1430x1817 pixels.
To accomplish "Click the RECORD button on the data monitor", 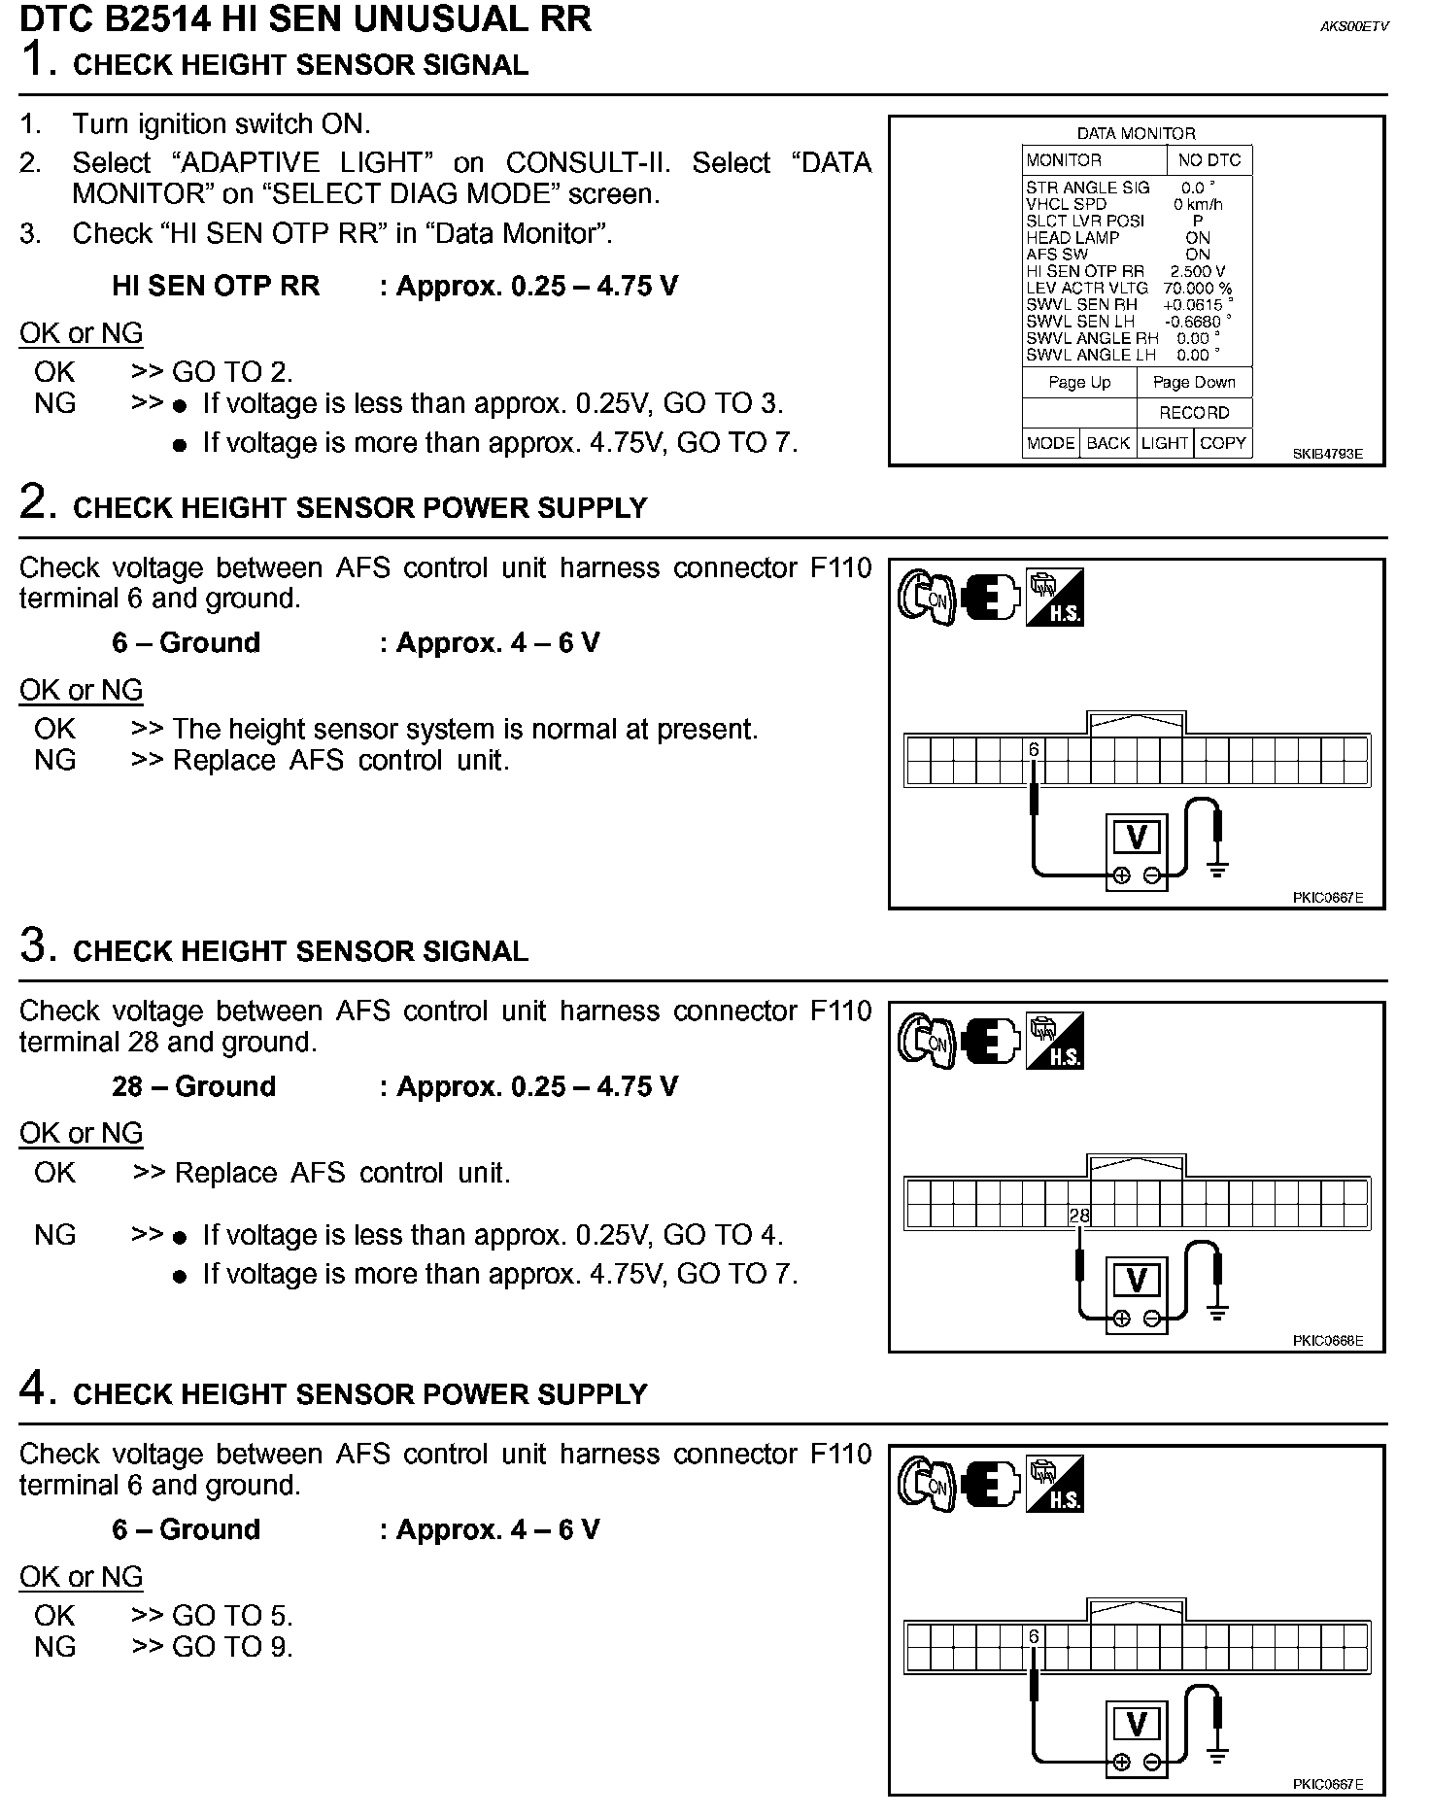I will click(x=1194, y=413).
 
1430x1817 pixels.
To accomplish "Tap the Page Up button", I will click(x=1079, y=382).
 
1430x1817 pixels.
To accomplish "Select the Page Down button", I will click(x=1194, y=382).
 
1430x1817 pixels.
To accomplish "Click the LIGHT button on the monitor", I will click(x=1165, y=443).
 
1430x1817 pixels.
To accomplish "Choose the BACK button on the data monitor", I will click(x=1107, y=443).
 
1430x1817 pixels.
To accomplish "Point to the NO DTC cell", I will click(x=1209, y=160).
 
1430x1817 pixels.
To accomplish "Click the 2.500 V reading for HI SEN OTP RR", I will click(x=1198, y=272).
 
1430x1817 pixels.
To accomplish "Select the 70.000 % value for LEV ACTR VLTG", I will click(x=1198, y=289).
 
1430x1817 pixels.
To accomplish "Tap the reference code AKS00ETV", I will click(x=1354, y=27).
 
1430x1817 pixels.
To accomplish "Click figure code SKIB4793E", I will click(x=1327, y=454).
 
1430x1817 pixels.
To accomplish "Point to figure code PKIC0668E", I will click(x=1327, y=1341).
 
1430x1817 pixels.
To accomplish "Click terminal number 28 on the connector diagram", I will click(x=1078, y=1215).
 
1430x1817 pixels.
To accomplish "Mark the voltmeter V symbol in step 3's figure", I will click(x=1136, y=1280).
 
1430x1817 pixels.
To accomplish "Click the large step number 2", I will click(x=33, y=502).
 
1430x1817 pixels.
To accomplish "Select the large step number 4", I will click(x=33, y=1388).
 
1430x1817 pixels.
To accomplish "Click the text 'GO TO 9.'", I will click(x=232, y=1646).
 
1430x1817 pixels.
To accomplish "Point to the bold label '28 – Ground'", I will click(x=193, y=1086).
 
